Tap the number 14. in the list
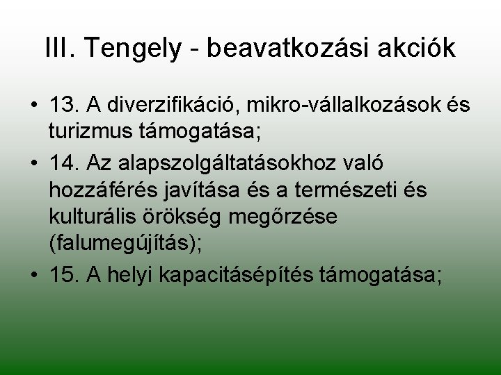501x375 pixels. pos(65,162)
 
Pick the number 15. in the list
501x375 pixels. pos(65,274)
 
